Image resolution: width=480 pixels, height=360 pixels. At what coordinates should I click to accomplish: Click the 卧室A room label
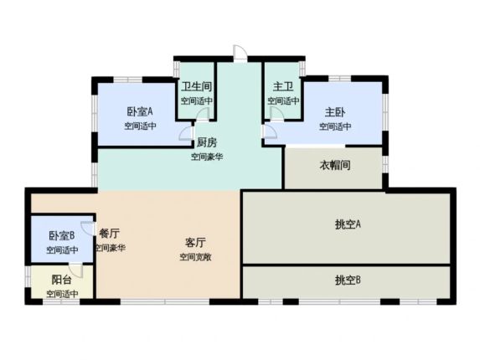pyautogui.click(x=140, y=111)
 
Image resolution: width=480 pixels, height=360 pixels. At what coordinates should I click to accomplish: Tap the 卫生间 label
pyautogui.click(x=196, y=86)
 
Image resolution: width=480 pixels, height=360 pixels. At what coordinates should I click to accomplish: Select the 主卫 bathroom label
pyautogui.click(x=283, y=86)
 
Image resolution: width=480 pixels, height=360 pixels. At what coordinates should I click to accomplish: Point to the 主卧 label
pyautogui.click(x=335, y=112)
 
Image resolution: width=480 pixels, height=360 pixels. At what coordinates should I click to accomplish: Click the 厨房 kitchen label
pyautogui.click(x=207, y=142)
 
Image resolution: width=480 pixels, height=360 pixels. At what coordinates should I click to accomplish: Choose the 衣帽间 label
pyautogui.click(x=335, y=165)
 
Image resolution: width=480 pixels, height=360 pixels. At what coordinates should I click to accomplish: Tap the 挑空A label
pyautogui.click(x=348, y=224)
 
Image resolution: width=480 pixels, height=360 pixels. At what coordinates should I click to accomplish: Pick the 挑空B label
pyautogui.click(x=348, y=280)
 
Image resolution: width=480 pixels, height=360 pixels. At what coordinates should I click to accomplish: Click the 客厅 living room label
pyautogui.click(x=195, y=243)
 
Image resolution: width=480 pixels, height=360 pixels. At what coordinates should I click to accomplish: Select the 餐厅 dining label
pyautogui.click(x=109, y=234)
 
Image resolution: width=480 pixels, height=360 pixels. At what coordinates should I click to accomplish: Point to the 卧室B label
pyautogui.click(x=62, y=235)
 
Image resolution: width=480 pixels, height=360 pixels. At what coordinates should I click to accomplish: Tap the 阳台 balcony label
pyautogui.click(x=62, y=280)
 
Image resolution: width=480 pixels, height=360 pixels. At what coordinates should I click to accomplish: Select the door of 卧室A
pyautogui.click(x=186, y=133)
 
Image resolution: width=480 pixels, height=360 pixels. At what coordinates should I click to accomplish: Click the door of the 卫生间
pyautogui.click(x=203, y=114)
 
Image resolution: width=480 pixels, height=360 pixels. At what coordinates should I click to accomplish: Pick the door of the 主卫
pyautogui.click(x=276, y=114)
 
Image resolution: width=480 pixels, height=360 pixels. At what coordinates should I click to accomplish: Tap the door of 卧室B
pyautogui.click(x=87, y=229)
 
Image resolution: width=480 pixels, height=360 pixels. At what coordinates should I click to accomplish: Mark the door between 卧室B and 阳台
pyautogui.click(x=75, y=270)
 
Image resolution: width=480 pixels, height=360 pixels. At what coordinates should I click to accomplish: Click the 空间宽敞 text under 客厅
pyautogui.click(x=195, y=257)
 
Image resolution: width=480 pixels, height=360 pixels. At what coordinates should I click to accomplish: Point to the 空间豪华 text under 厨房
pyautogui.click(x=207, y=157)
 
